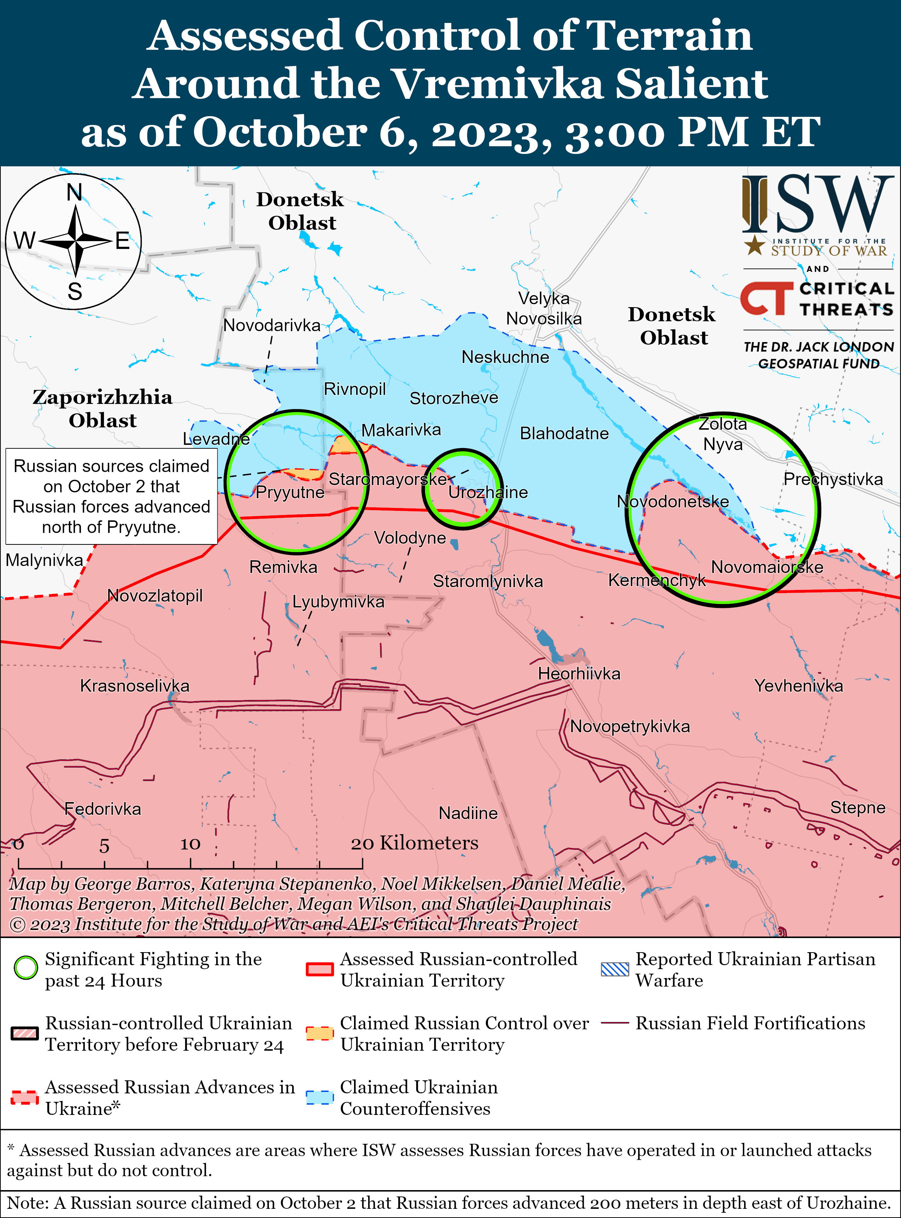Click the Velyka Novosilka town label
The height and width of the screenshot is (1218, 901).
coord(544,309)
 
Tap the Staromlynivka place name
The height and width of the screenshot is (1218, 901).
coord(488,581)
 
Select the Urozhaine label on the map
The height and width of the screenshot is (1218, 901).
coord(488,492)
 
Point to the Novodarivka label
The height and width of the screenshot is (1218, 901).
coord(272,326)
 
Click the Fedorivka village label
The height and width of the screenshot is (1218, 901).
coord(102,809)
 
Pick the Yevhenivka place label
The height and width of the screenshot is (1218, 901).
coord(799,686)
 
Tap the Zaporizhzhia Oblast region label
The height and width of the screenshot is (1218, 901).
coord(102,409)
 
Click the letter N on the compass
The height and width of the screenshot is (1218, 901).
coord(74,193)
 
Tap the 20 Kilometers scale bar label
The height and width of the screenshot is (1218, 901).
coord(414,843)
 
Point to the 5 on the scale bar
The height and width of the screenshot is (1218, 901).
coord(104,846)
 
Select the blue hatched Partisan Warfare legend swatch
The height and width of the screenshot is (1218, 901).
coord(615,968)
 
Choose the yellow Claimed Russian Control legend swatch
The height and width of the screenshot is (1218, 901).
coord(320,1033)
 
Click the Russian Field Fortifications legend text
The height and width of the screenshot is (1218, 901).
coord(750,1023)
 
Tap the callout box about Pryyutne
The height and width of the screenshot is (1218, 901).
coord(111,496)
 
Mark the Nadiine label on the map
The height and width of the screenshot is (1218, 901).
coord(468,813)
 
